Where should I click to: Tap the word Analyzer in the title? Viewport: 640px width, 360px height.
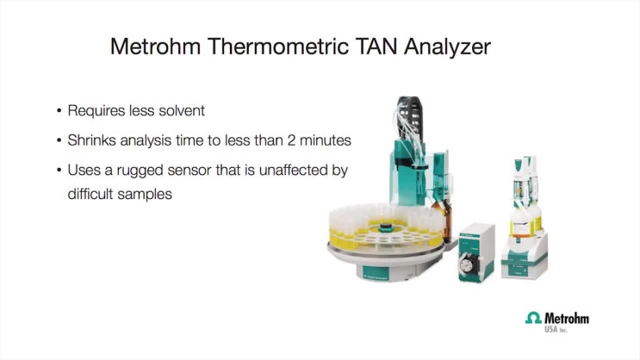tap(449, 47)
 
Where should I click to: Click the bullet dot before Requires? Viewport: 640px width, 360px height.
tap(59, 111)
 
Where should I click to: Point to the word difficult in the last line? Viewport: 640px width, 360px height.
tap(92, 194)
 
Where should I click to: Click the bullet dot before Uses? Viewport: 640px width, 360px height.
tap(59, 170)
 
